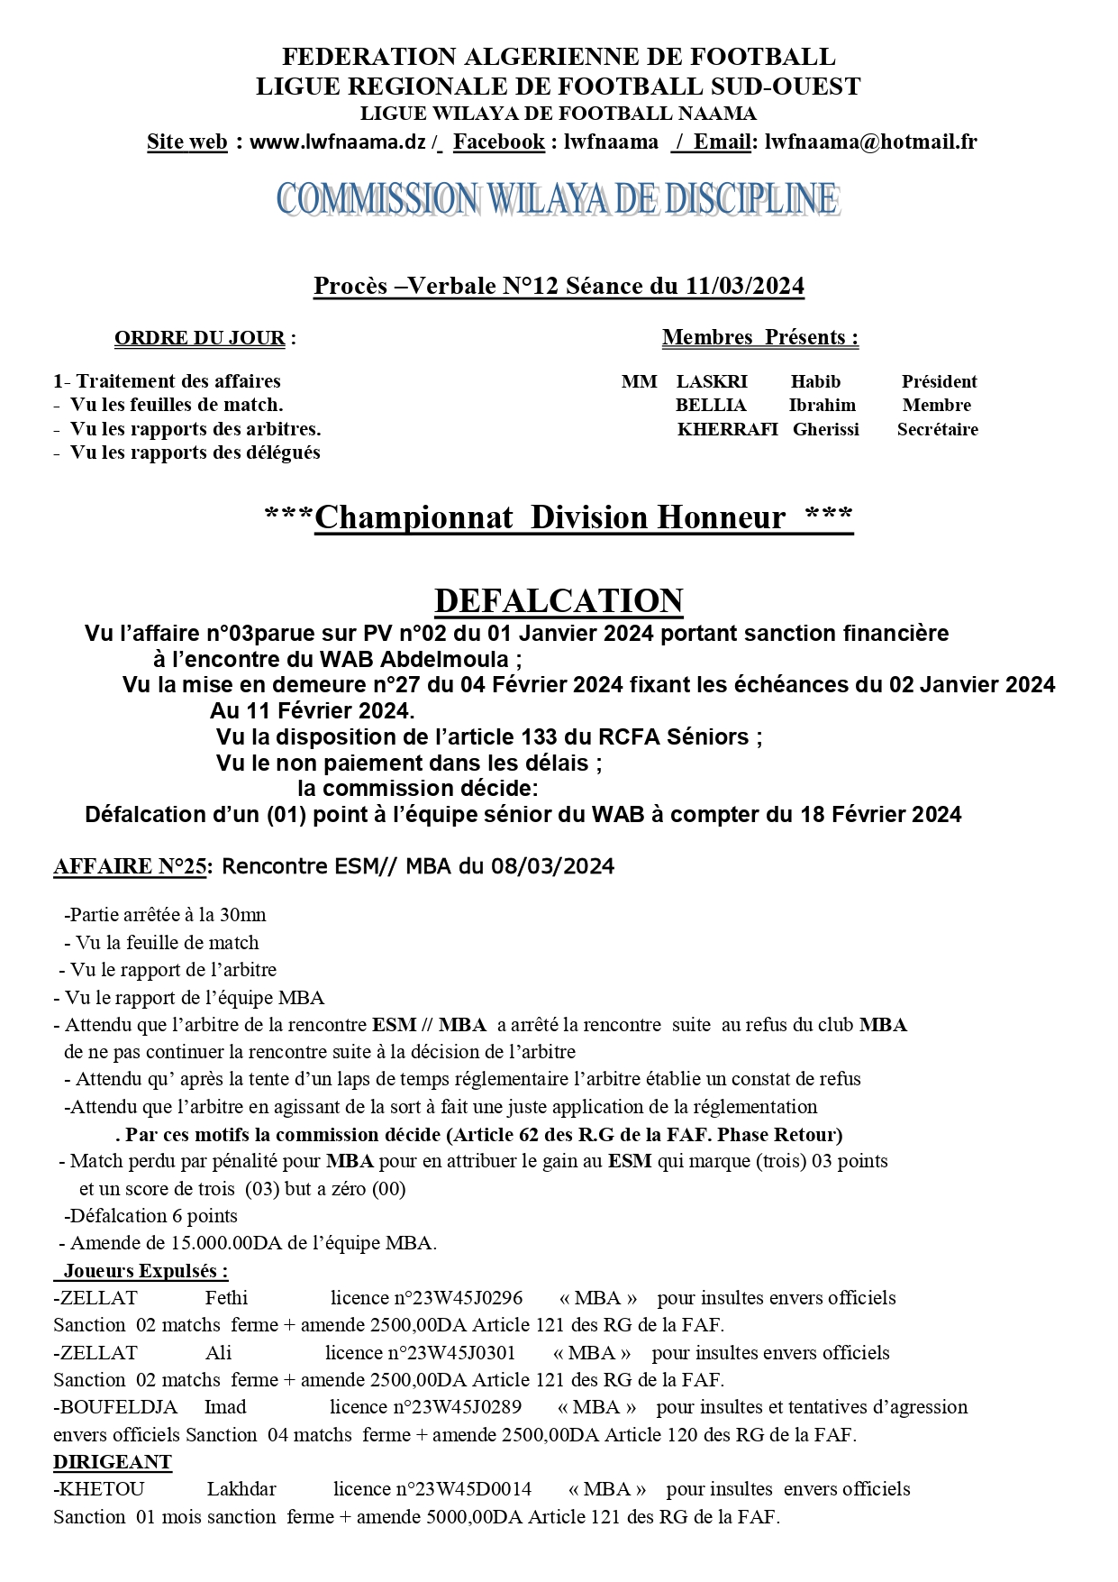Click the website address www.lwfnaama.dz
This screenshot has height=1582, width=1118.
pyautogui.click(x=337, y=142)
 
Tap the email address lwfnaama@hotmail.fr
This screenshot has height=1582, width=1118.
pyautogui.click(x=870, y=142)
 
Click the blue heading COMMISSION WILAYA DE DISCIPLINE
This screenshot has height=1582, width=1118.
pyautogui.click(x=558, y=199)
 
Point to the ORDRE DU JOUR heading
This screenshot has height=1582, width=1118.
pyautogui.click(x=199, y=339)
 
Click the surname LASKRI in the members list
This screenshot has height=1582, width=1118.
pyautogui.click(x=712, y=381)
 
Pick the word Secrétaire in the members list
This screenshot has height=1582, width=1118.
pyautogui.click(x=937, y=430)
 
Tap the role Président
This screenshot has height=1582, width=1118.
pyautogui.click(x=939, y=381)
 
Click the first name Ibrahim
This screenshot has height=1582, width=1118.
pyautogui.click(x=822, y=406)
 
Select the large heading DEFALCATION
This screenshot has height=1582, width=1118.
pyautogui.click(x=559, y=600)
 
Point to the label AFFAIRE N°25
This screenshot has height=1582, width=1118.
pyautogui.click(x=130, y=867)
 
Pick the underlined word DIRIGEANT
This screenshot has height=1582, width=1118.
pyautogui.click(x=113, y=1462)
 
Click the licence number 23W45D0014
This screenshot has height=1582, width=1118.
pyautogui.click(x=463, y=1489)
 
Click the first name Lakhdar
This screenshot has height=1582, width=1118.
pyautogui.click(x=241, y=1489)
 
